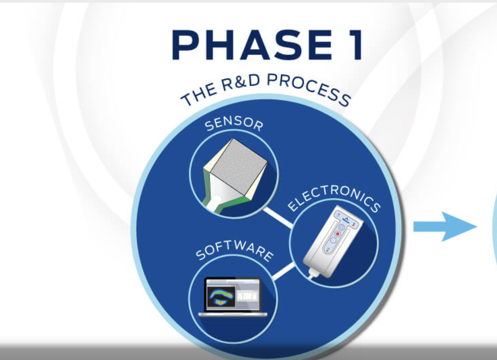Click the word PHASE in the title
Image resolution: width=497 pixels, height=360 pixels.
(x=252, y=45)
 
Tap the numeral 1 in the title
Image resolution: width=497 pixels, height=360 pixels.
(x=356, y=45)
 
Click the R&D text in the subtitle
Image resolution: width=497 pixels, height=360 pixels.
(x=241, y=82)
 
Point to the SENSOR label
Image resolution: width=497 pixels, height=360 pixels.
(x=234, y=125)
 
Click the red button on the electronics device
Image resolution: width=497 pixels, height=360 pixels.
(x=338, y=234)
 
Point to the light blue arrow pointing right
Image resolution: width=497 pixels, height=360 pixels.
(x=445, y=227)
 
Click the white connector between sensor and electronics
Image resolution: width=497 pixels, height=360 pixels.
(x=278, y=218)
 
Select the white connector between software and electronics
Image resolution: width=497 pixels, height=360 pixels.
(x=283, y=271)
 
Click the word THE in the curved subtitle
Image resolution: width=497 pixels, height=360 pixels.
(x=199, y=95)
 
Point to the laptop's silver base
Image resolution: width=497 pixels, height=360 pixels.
(x=233, y=314)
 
